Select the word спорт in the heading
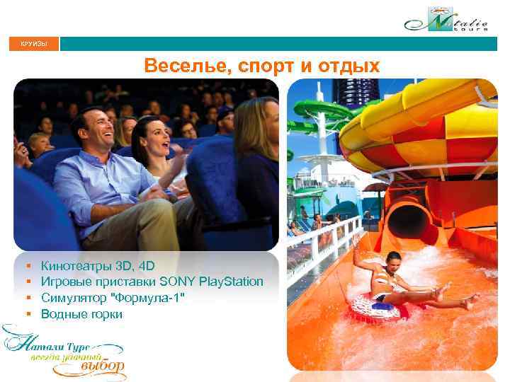coord(251,66)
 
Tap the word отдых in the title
coord(348,66)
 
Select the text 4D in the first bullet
coord(147,267)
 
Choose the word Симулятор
coord(72,298)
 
